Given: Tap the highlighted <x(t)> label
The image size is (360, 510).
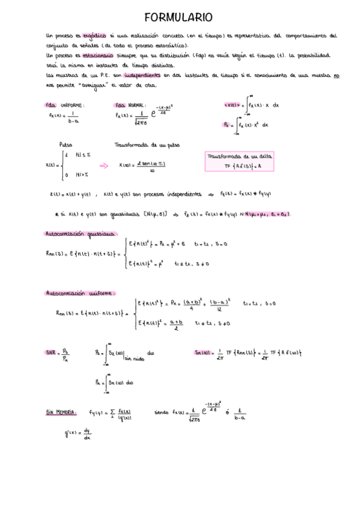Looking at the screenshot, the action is coord(233,105).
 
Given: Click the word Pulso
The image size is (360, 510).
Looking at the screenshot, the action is coord(66,145).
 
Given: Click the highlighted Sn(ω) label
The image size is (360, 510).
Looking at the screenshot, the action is coord(203,352).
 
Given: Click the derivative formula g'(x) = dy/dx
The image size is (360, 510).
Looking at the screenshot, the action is coord(78,433).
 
